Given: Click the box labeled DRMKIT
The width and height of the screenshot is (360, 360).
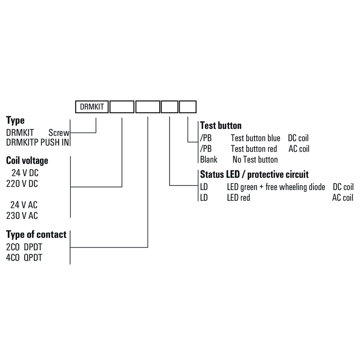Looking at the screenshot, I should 92,107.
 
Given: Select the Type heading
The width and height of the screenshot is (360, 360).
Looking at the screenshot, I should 15,120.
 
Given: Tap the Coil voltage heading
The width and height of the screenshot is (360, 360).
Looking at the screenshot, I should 27,160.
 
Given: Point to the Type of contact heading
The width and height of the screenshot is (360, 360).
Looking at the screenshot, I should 36,234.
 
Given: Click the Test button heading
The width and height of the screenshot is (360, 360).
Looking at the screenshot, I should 220,126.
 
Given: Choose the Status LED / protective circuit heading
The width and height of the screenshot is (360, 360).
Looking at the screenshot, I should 254,174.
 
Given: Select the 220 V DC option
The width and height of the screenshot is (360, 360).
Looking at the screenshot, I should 22,184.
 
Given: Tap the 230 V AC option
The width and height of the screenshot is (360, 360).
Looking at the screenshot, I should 22,216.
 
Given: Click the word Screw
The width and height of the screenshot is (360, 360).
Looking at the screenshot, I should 59,132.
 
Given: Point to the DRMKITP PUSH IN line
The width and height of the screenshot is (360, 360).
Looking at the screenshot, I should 38,143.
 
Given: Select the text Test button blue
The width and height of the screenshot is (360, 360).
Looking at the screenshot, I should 256,138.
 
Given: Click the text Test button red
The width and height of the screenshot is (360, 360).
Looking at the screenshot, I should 254,149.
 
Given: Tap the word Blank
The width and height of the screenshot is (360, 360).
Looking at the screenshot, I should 209,160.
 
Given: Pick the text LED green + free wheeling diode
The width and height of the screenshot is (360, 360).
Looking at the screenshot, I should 276,187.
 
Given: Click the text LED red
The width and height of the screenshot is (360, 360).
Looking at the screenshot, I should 238,198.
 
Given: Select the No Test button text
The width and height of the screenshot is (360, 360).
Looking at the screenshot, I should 255,160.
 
